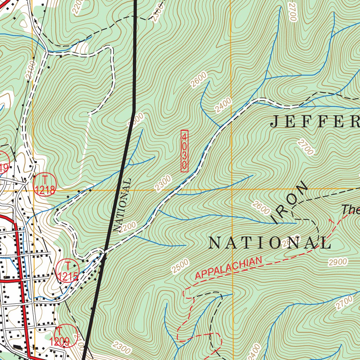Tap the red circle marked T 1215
click(x=67, y=271)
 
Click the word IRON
click(x=290, y=203)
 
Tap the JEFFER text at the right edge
click(x=315, y=122)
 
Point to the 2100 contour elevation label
click(x=31, y=70)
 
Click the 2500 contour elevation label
click(x=180, y=266)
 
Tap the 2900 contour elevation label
click(x=338, y=262)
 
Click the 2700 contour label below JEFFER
click(x=305, y=147)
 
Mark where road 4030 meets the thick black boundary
click(x=104, y=252)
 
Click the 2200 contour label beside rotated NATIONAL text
click(x=127, y=227)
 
